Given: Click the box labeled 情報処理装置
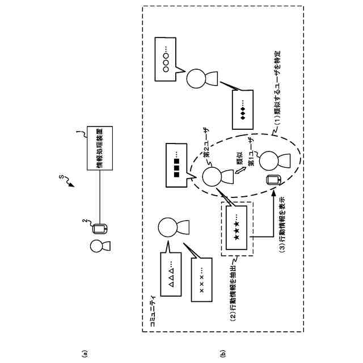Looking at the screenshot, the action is click(100, 148).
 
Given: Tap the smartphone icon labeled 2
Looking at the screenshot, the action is click(100, 229).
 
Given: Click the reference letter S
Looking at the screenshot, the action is click(61, 177).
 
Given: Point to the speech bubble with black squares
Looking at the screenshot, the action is click(176, 165).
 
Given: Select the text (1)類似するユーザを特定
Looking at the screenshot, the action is click(277, 87).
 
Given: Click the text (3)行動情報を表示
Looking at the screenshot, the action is click(282, 225).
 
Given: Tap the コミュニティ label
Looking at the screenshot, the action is click(153, 311).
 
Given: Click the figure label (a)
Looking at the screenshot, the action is click(85, 354).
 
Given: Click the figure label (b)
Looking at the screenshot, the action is click(222, 354).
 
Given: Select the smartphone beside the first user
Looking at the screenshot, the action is click(274, 180).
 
